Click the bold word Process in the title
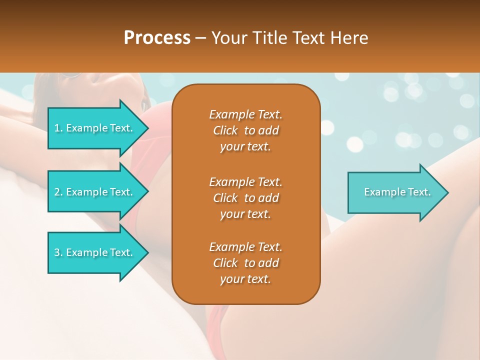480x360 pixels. coord(157,38)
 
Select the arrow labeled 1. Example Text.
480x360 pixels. coord(93,128)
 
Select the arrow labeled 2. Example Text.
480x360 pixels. coord(93,192)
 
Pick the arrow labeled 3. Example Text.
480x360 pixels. coord(93,252)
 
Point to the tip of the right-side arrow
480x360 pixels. coord(447,192)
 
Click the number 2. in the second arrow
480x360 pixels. coord(58,192)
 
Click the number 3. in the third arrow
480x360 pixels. coord(58,252)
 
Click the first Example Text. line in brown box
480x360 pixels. coord(245,114)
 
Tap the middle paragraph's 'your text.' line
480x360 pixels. coord(245,214)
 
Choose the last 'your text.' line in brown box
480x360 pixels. coord(245,279)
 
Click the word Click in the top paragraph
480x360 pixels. coord(225,131)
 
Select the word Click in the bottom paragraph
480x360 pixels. coord(225,263)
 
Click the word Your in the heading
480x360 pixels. coord(227,38)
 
